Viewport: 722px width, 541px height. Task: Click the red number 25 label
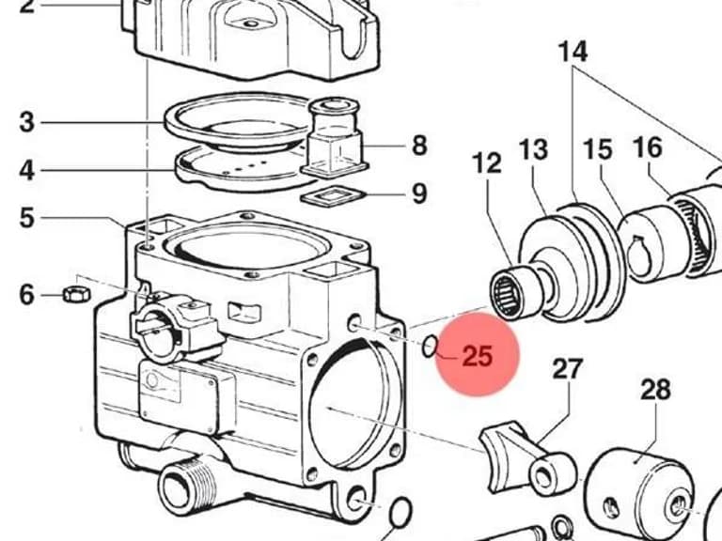(477, 356)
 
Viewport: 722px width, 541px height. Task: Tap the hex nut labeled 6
(76, 293)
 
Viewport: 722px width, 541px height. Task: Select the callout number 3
(26, 122)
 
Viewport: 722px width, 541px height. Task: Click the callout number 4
(26, 170)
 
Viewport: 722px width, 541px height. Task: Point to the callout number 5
(26, 218)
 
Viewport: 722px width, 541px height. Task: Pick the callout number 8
(419, 146)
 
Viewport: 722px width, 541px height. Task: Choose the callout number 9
(419, 193)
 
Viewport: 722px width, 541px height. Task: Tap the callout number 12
(487, 162)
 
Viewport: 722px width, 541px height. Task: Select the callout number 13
(534, 149)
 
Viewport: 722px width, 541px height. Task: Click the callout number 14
(573, 52)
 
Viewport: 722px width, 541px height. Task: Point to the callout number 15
(598, 149)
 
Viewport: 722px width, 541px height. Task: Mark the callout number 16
(648, 147)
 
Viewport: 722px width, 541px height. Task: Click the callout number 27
(567, 369)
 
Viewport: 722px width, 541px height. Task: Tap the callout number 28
(655, 390)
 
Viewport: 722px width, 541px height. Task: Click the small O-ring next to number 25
(429, 346)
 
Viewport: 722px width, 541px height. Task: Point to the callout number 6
(26, 294)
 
